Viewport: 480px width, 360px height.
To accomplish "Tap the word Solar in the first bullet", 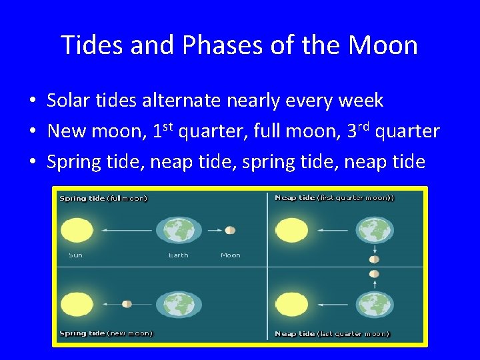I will [x=69, y=101].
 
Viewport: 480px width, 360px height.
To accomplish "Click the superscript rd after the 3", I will [x=364, y=126].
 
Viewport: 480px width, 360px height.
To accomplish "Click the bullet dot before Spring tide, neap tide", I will [x=32, y=162].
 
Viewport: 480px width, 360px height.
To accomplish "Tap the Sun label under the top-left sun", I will [x=75, y=255].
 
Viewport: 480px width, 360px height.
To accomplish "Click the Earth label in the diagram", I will [x=178, y=255].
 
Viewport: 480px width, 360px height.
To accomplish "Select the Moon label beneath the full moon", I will [x=230, y=255].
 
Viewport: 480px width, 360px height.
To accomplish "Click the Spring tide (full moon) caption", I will [x=103, y=198].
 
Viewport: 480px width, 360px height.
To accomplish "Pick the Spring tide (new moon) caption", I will [x=105, y=333].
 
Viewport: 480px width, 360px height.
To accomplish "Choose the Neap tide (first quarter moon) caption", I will [x=334, y=198].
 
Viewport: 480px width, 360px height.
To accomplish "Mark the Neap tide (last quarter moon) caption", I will [x=332, y=333].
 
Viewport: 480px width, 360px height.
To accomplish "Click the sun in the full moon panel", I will [x=77, y=230].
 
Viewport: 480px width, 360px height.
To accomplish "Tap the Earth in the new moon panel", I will [x=178, y=304].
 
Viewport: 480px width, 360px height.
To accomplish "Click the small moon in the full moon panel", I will [x=230, y=230].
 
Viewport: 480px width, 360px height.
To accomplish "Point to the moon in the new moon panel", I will [x=127, y=304].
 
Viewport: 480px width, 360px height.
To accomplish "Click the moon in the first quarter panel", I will [x=374, y=259].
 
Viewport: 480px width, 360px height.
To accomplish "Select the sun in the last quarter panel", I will [x=292, y=304].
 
